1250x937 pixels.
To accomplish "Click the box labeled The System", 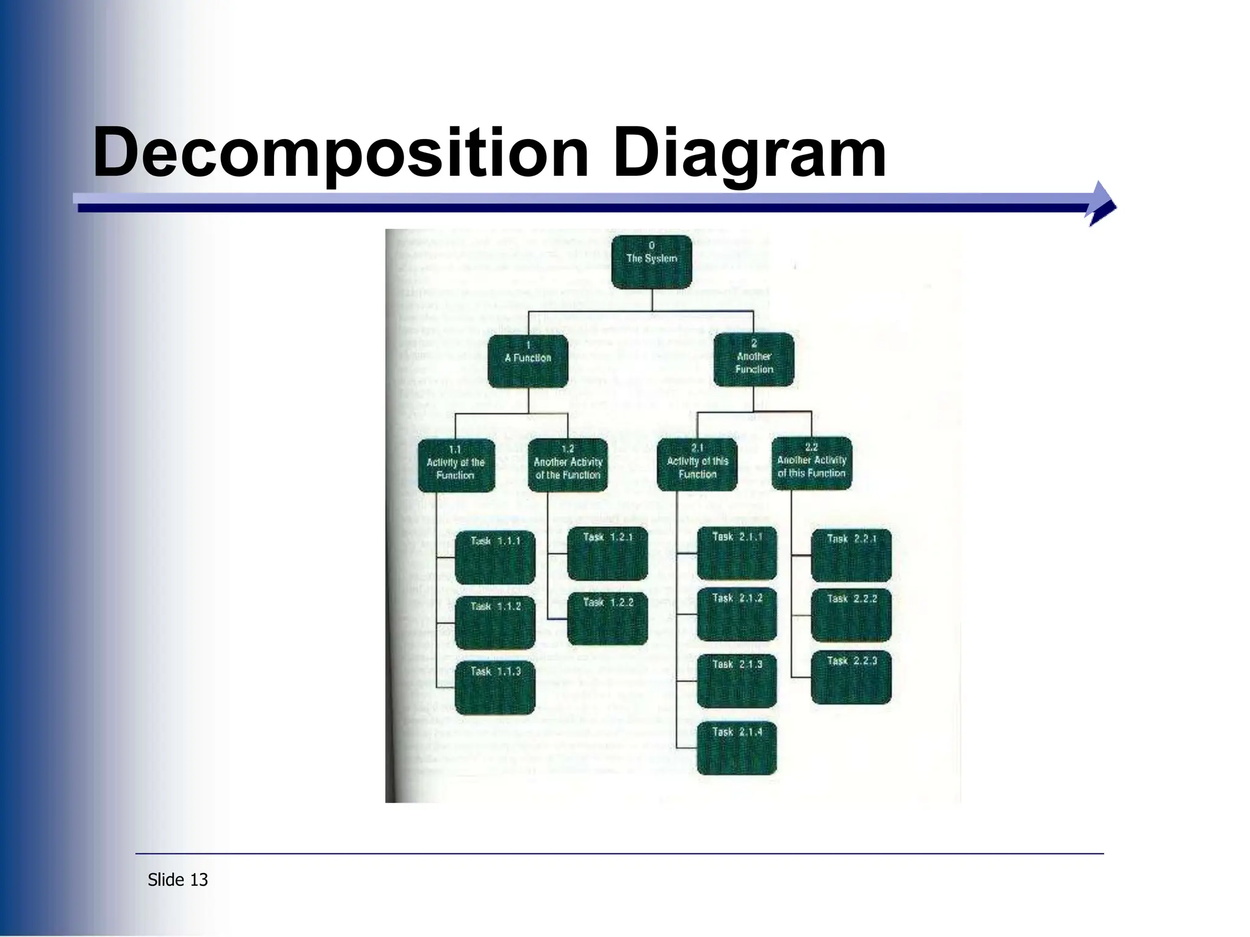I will [x=651, y=262].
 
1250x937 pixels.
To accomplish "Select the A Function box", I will [x=528, y=361].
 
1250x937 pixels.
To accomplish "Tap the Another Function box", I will [x=754, y=359].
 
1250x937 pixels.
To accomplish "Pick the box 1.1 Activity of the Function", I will [x=455, y=465].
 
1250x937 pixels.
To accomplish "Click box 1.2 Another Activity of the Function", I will [x=568, y=465].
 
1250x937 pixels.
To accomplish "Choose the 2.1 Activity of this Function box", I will [x=697, y=464].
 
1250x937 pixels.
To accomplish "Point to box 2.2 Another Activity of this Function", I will [x=811, y=463].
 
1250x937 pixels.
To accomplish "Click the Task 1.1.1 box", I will [x=495, y=556].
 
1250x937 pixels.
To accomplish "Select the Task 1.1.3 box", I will [x=495, y=687].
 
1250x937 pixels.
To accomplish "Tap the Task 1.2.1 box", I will [x=607, y=553].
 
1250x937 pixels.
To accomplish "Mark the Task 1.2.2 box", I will [x=607, y=618].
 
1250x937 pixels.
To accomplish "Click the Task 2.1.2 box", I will [x=737, y=614].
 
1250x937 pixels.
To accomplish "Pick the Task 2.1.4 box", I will [x=737, y=747].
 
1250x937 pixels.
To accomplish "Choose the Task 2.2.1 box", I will [x=851, y=555].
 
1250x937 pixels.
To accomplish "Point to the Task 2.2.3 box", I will [x=851, y=677].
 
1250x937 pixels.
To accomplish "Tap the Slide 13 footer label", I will [x=178, y=880].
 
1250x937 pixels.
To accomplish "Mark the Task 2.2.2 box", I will [x=851, y=615].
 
